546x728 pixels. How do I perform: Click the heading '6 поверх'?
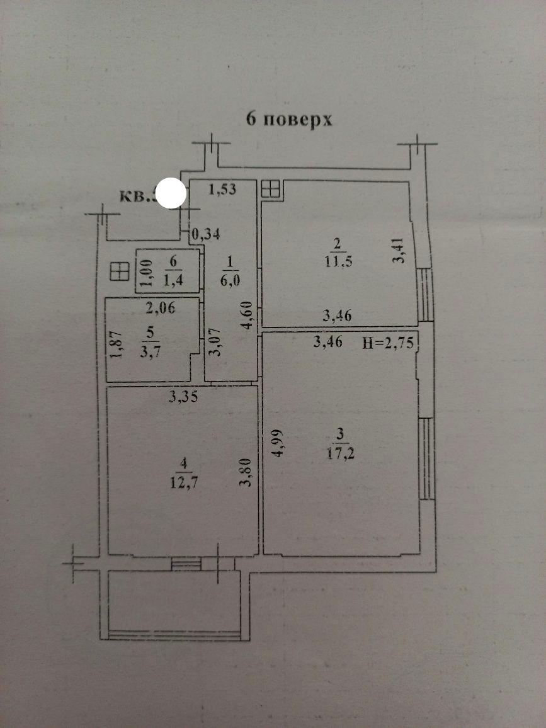[289, 120]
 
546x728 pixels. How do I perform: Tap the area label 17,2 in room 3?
[341, 452]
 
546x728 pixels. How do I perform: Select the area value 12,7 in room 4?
[183, 484]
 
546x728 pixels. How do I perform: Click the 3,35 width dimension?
[183, 397]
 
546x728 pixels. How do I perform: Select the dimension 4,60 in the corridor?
[250, 316]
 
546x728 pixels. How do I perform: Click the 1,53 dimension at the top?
[222, 190]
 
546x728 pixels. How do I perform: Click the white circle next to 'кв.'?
[170, 193]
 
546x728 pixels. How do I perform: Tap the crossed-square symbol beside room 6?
[119, 272]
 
